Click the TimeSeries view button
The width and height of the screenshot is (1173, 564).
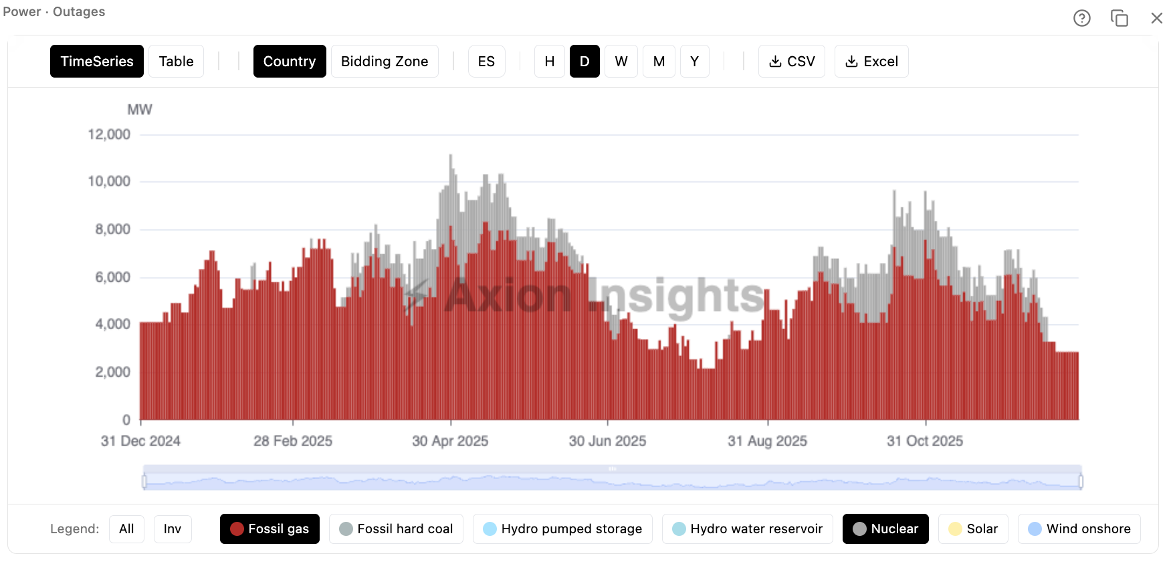click(x=97, y=62)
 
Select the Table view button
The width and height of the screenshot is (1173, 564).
click(x=176, y=62)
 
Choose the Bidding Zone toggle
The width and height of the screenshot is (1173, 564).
click(x=385, y=62)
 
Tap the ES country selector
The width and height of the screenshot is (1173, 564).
click(x=486, y=62)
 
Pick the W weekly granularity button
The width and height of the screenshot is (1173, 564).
click(x=621, y=62)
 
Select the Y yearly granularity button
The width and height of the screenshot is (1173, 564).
click(x=694, y=62)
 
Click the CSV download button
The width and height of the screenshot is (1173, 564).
click(x=792, y=62)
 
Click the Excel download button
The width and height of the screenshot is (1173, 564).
click(x=871, y=62)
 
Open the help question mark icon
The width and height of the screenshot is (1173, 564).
click(x=1082, y=18)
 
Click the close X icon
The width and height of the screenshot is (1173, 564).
click(x=1157, y=18)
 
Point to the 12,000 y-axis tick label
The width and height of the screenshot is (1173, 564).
click(x=109, y=134)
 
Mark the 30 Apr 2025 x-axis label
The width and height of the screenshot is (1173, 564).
click(x=450, y=441)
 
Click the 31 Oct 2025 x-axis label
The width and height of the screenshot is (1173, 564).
click(x=925, y=441)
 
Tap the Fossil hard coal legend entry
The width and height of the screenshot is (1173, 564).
click(x=396, y=529)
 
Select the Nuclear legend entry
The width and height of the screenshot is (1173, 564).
click(x=885, y=529)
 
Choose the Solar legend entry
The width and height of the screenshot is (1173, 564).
click(x=973, y=529)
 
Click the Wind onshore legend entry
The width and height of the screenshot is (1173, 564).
click(x=1079, y=529)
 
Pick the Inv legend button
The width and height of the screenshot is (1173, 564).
click(x=173, y=529)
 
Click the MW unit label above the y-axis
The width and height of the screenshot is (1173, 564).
click(x=140, y=110)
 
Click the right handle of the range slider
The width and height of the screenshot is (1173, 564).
click(x=1081, y=481)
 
